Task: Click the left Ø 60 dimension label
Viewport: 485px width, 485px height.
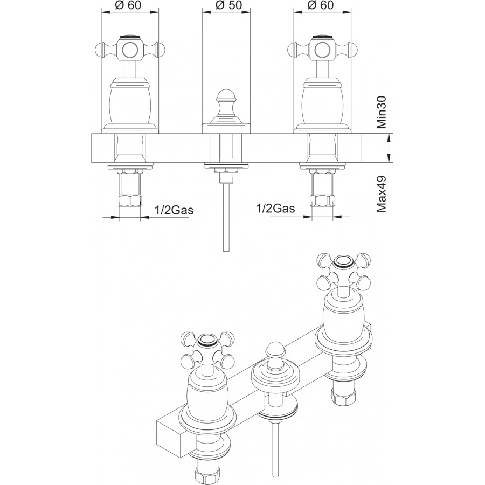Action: (128, 5)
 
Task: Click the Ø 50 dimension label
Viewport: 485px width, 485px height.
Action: (229, 5)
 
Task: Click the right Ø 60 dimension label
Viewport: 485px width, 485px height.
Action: (321, 5)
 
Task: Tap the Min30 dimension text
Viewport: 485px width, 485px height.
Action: (382, 112)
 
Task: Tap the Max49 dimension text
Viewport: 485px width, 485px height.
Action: (382, 194)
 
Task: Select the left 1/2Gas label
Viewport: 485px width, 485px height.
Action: (174, 210)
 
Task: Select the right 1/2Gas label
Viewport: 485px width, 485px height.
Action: (275, 209)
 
